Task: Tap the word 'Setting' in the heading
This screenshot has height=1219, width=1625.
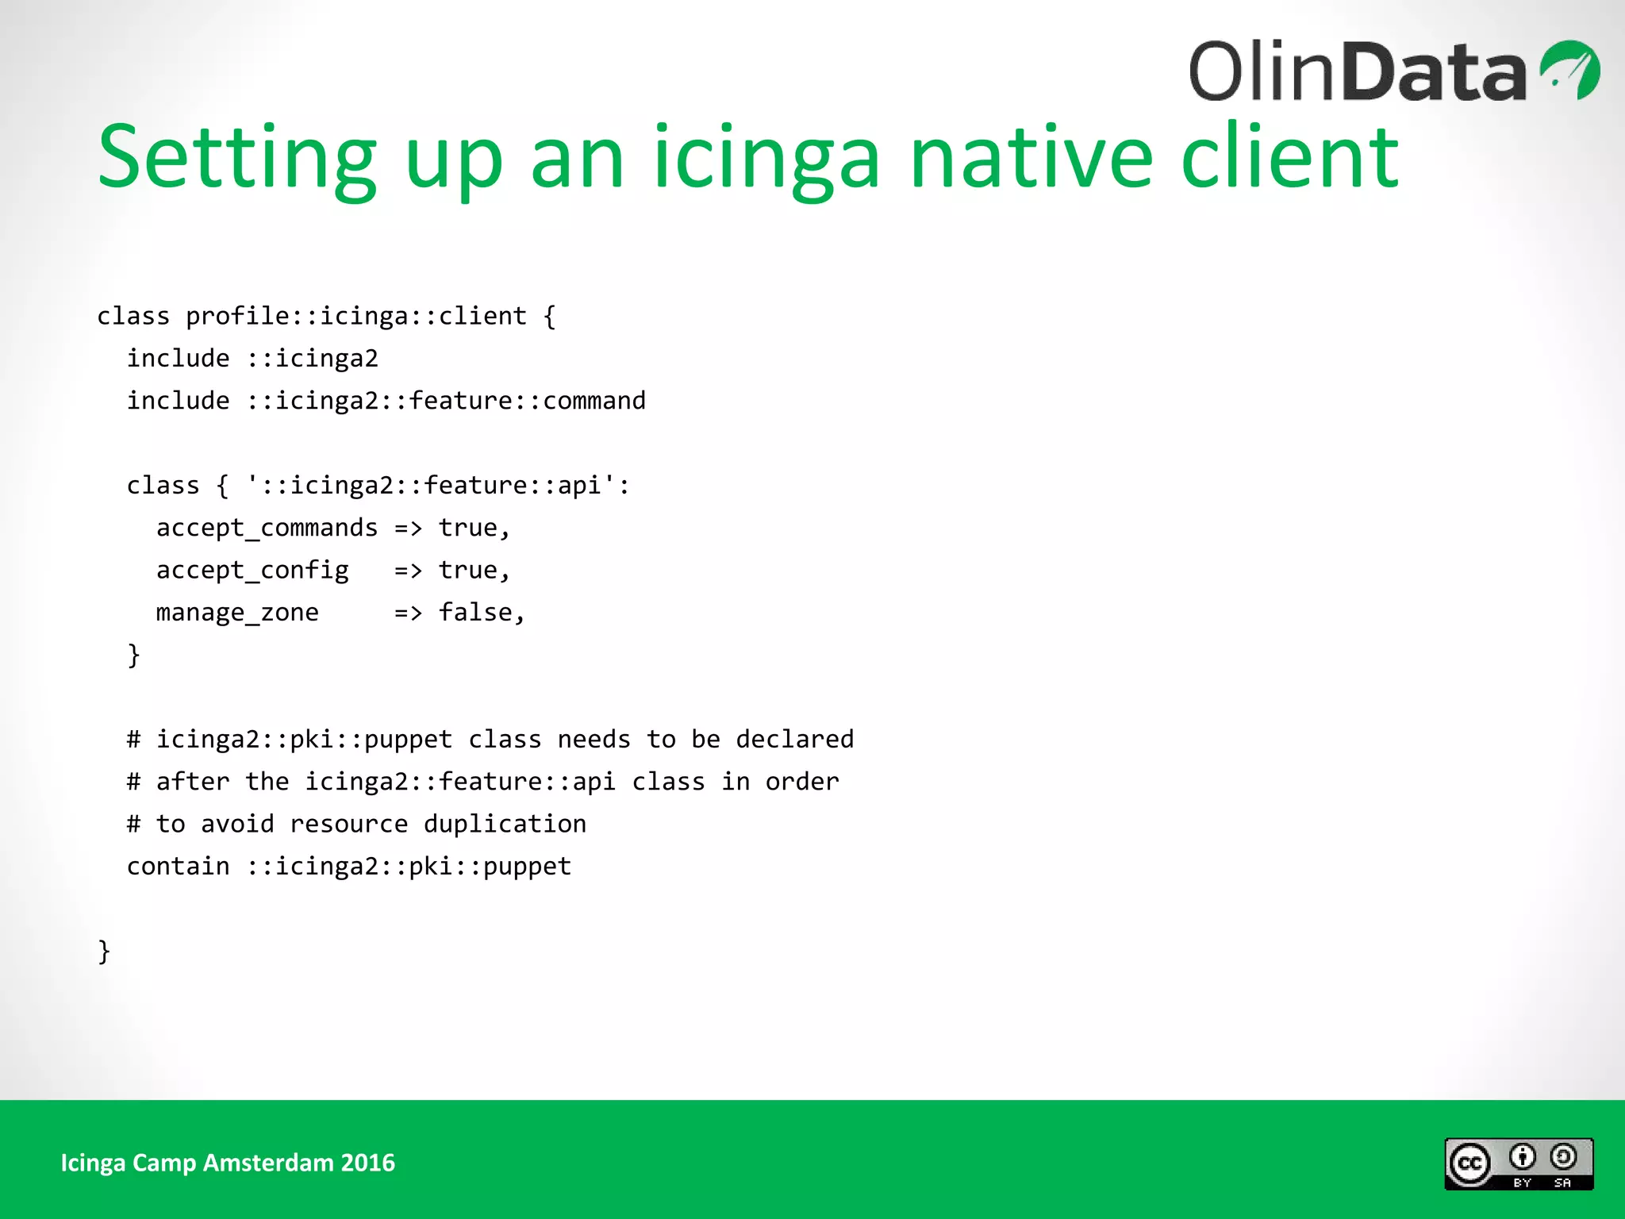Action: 236,158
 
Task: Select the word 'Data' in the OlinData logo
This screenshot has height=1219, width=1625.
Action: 1435,73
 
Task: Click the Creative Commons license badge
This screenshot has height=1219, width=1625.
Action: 1518,1163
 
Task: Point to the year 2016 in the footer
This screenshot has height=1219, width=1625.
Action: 367,1163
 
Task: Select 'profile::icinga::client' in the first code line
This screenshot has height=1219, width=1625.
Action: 355,316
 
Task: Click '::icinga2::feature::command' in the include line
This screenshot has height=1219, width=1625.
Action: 446,401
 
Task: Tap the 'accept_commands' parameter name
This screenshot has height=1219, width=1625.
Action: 267,528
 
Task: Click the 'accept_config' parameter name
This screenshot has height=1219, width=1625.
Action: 252,571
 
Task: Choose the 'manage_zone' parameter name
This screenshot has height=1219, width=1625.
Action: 237,613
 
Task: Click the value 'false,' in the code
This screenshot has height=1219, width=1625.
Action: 482,613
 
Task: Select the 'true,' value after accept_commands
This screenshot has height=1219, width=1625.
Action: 474,528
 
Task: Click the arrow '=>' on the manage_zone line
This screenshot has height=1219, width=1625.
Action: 408,613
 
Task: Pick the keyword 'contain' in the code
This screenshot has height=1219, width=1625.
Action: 178,867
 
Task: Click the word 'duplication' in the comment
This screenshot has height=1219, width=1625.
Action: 505,824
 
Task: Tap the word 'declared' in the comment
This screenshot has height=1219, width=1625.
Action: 794,740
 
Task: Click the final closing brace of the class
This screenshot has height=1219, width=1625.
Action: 104,951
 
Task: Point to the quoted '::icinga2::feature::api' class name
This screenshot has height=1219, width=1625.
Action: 437,486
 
